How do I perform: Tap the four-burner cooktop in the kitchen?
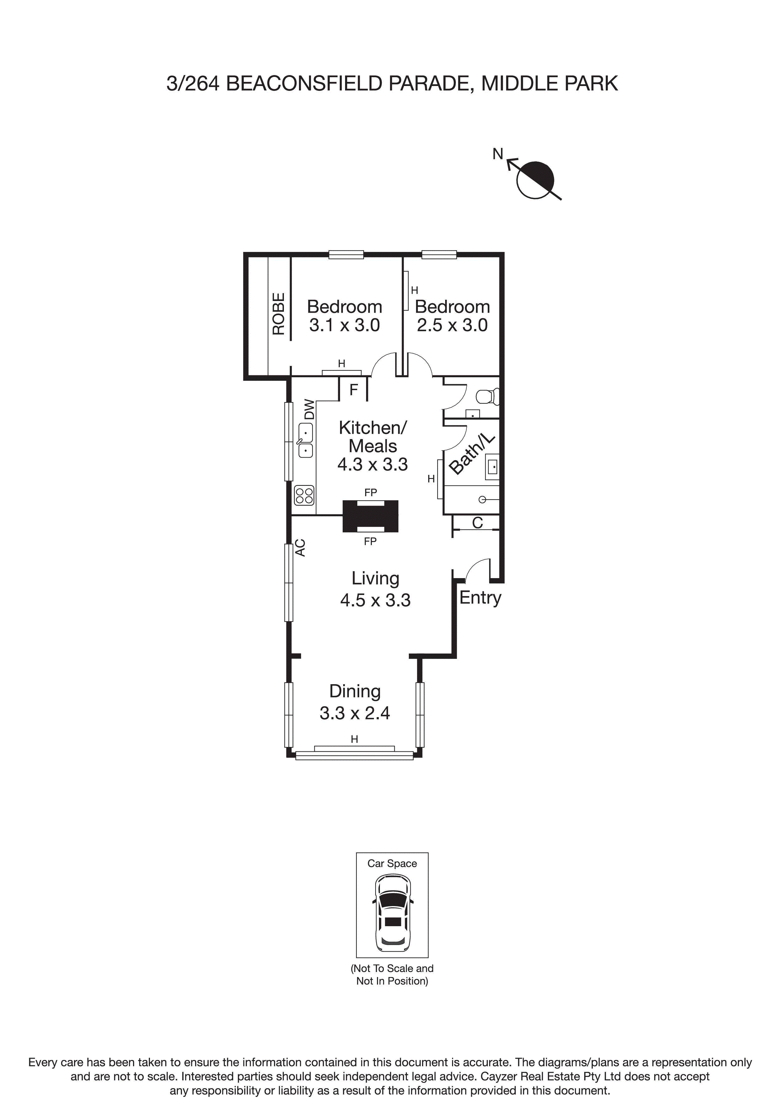(x=304, y=495)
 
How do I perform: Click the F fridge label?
(x=354, y=390)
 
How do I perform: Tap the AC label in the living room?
(x=301, y=548)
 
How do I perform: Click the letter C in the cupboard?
(x=477, y=523)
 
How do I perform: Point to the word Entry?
(x=480, y=598)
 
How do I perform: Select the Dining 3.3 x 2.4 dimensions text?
(x=355, y=713)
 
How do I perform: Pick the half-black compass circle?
(x=535, y=180)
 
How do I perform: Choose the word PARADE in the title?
(x=428, y=83)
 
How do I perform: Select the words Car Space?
(x=392, y=863)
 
